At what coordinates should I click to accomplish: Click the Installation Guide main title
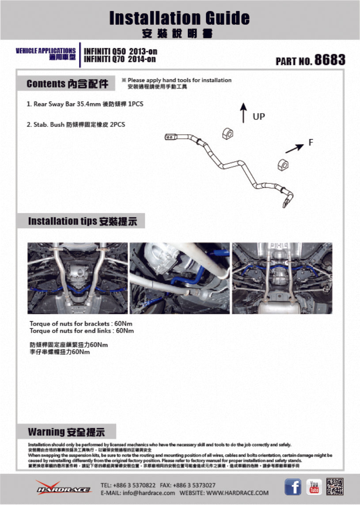pos(179,18)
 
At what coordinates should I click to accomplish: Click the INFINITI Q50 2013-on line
pos(120,51)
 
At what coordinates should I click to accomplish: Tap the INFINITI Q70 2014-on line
pos(120,59)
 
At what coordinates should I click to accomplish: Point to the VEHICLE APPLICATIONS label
pos(45,51)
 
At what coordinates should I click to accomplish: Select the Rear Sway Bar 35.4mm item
pos(85,104)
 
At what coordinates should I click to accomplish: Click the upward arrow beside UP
pos(243,113)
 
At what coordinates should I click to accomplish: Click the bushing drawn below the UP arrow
pos(228,132)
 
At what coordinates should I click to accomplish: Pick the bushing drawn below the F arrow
pos(284,163)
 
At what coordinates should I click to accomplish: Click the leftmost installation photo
pos(78,278)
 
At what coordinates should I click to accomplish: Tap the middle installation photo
pos(179,278)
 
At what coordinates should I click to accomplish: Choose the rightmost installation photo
pos(282,278)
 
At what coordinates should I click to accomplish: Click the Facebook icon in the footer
pos(292,487)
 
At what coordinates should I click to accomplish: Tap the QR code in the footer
pos(335,487)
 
